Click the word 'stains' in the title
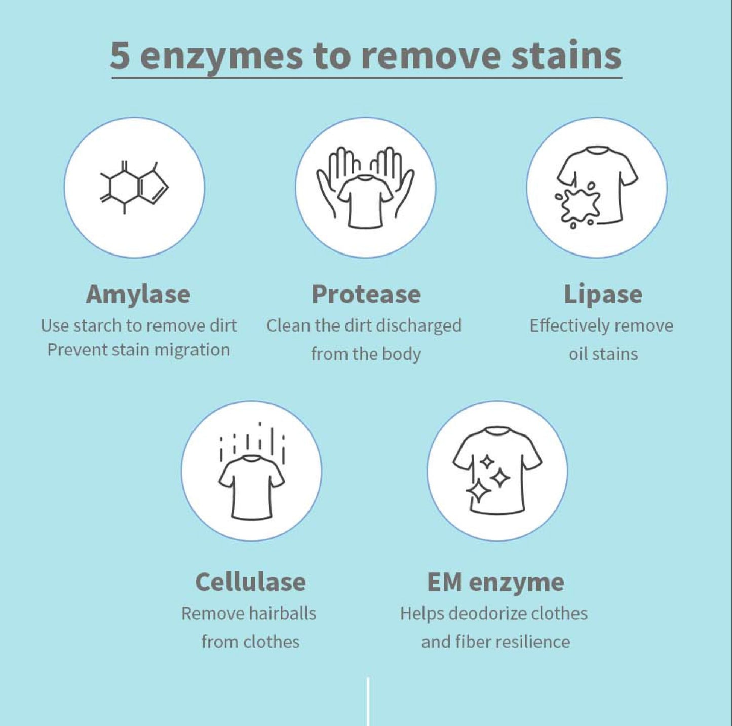point(566,55)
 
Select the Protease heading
point(366,295)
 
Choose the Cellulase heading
point(251,582)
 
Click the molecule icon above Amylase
point(134,188)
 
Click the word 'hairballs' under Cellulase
point(283,613)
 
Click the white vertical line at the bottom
point(368,701)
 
